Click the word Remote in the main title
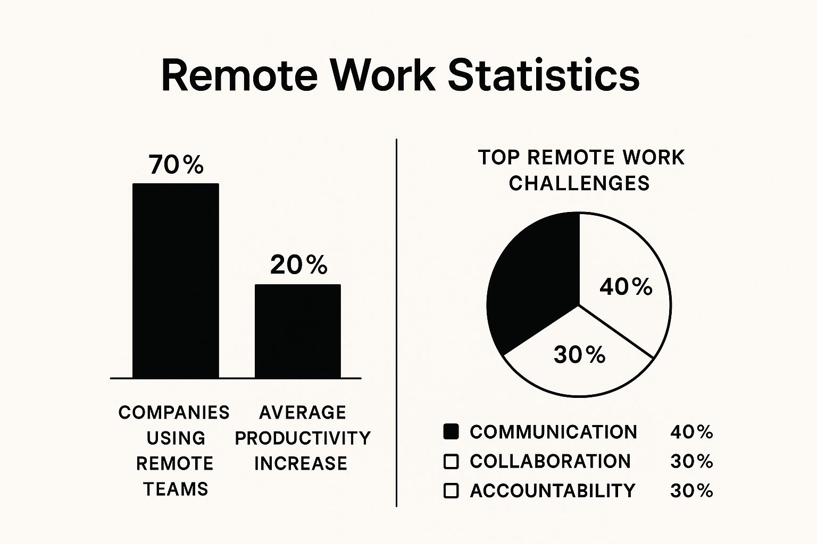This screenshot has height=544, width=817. [240, 76]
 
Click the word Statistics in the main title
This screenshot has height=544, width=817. [544, 75]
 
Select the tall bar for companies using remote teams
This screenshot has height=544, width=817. [176, 281]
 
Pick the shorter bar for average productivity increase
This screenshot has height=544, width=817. [298, 331]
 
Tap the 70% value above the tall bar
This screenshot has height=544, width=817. [176, 165]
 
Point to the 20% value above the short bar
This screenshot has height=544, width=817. [299, 265]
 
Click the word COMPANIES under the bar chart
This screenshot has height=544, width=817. [174, 412]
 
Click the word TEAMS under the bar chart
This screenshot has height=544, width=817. [176, 489]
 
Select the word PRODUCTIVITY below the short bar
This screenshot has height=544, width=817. [303, 438]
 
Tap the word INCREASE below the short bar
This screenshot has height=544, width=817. [301, 463]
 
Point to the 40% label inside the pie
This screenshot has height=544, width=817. [626, 287]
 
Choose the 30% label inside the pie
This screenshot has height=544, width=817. [580, 354]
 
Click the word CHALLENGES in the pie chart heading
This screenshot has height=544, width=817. [579, 183]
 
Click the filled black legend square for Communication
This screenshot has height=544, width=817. [451, 432]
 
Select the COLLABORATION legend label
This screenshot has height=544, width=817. [551, 461]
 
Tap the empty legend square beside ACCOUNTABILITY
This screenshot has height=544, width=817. [451, 490]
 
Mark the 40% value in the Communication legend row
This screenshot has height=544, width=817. [691, 432]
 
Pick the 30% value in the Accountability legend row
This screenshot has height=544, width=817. [691, 491]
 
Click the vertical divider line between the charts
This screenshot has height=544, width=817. [396, 322]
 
